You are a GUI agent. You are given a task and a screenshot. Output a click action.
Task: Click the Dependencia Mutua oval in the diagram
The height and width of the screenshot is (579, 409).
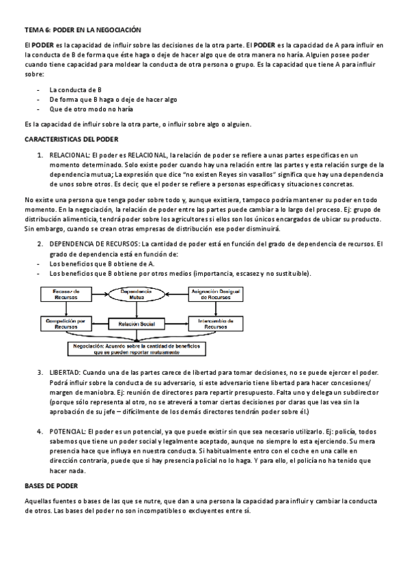coord(135,296)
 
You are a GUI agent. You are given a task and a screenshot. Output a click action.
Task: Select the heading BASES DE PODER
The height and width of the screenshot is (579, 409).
coord(51,485)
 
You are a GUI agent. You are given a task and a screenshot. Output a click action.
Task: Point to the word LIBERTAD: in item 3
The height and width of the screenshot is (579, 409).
coord(64,372)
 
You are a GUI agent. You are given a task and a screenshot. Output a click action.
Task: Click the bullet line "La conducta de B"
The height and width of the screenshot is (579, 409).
coord(76,89)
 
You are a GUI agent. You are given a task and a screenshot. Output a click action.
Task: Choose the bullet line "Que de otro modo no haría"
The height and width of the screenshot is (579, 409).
coord(91,109)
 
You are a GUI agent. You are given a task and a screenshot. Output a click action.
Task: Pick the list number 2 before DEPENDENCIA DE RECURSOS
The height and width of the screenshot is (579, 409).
coord(40,244)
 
